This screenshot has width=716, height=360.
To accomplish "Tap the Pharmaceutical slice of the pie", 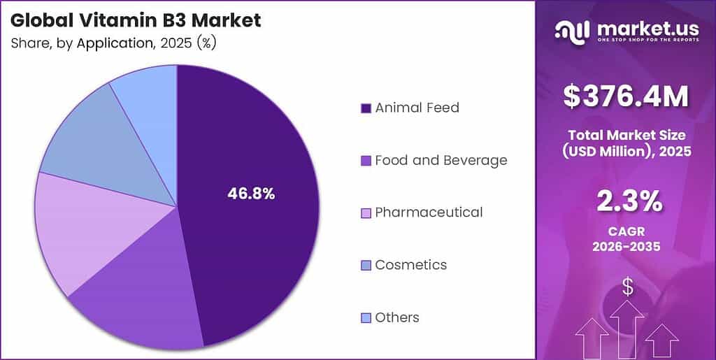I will (77, 231).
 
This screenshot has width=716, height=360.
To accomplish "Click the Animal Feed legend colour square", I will (365, 108).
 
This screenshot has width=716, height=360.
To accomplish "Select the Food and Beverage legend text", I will (441, 160).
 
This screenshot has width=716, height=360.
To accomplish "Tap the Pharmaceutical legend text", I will (429, 212).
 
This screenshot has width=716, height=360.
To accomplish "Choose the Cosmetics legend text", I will (410, 265).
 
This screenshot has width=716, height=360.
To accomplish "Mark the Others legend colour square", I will (365, 318).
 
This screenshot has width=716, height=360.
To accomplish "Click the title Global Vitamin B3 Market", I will (136, 20).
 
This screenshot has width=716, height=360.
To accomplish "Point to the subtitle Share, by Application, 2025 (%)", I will (113, 43).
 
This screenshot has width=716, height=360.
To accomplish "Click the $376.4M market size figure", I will (626, 97).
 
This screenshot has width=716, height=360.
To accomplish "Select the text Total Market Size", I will (626, 135).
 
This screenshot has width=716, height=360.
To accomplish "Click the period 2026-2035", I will (626, 246).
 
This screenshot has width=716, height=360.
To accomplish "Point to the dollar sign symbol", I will (628, 286).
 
